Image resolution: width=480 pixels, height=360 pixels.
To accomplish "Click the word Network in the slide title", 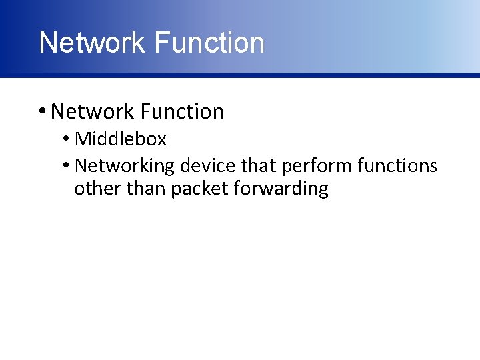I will (x=93, y=43).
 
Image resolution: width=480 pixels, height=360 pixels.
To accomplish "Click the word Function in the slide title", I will (x=209, y=43).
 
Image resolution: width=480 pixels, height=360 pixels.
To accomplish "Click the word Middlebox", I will (x=121, y=139).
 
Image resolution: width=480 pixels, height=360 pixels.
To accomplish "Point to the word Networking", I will (x=125, y=165).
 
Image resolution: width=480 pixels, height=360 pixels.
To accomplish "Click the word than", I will (x=145, y=189).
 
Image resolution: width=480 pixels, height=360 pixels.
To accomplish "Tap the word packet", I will (x=200, y=189).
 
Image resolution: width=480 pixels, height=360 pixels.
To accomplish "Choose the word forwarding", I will (x=281, y=189).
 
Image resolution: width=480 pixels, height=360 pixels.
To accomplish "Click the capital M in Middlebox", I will (x=83, y=139).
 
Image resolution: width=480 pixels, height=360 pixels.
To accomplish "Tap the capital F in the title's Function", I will (x=160, y=43).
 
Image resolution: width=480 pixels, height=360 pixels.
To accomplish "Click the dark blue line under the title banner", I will (x=240, y=75).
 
